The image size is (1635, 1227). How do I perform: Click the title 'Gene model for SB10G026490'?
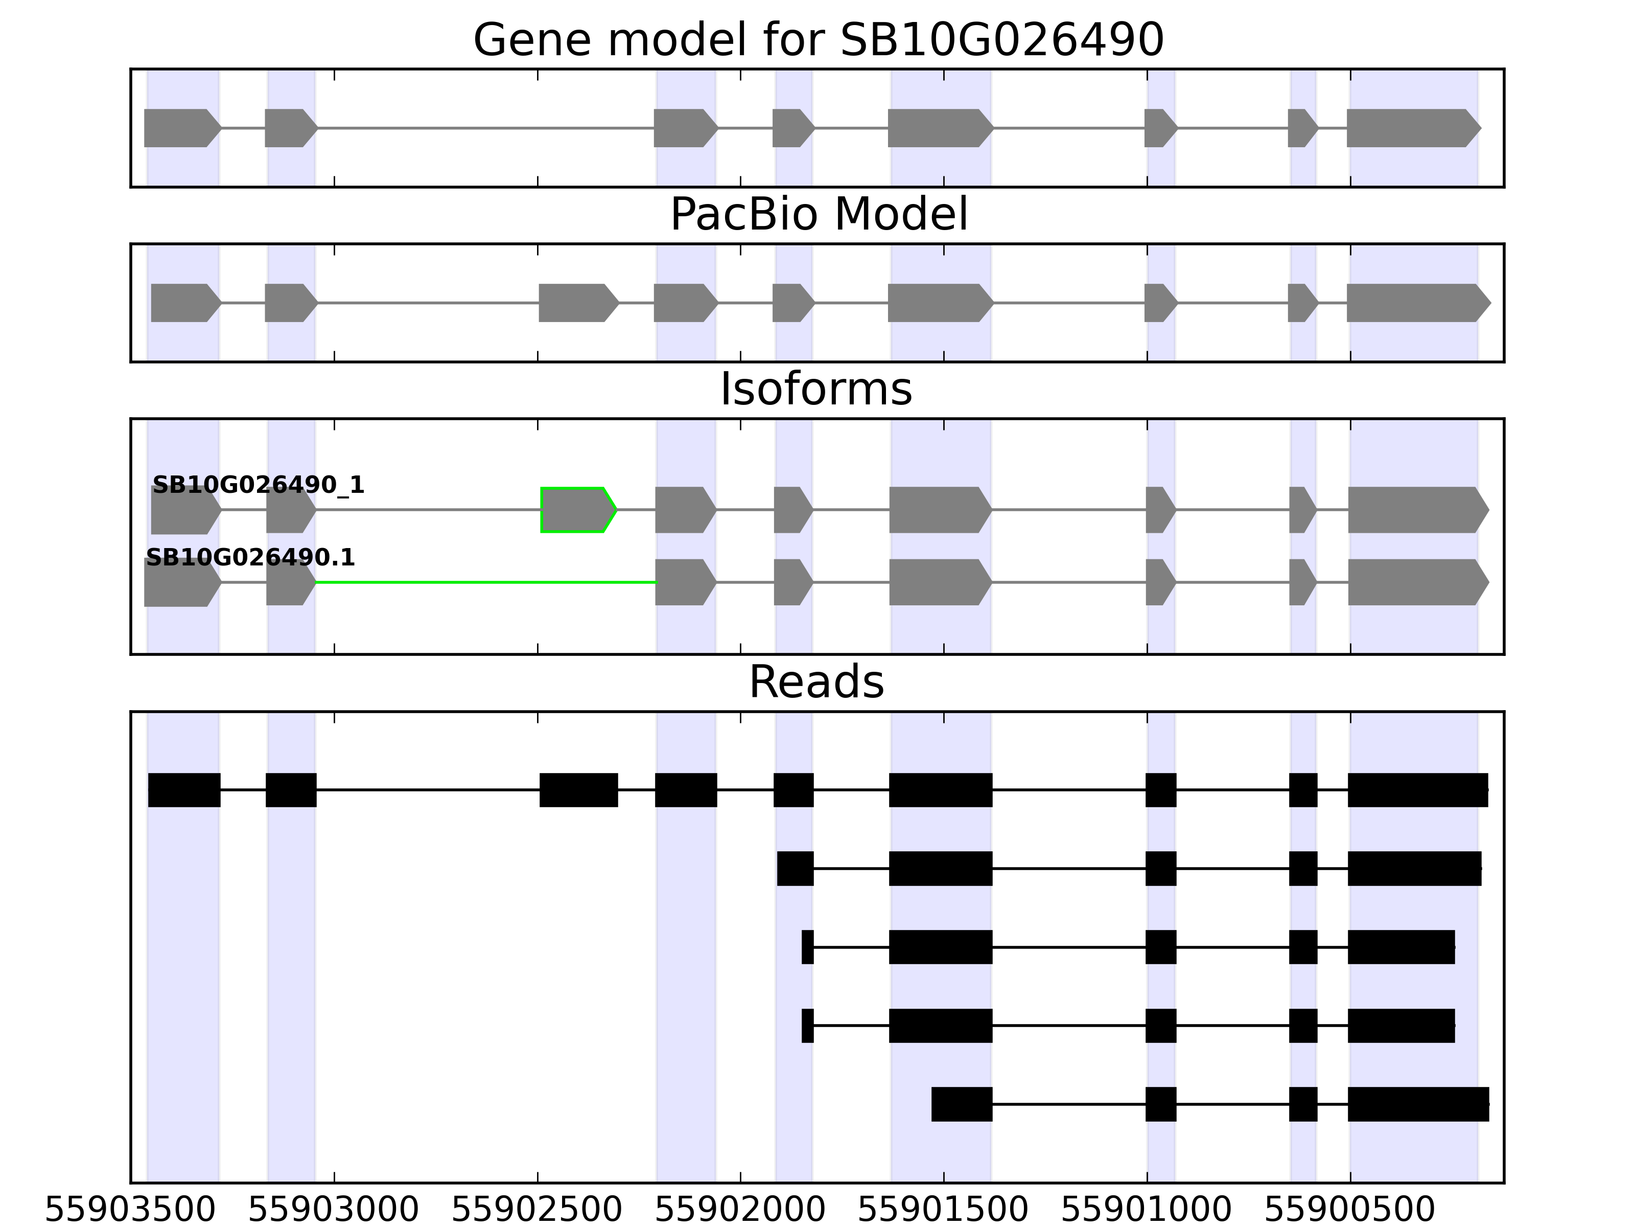point(818,40)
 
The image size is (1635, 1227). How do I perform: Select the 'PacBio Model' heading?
point(818,215)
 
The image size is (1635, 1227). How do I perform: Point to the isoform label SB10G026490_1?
point(258,485)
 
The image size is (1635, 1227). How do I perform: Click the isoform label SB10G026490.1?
point(250,558)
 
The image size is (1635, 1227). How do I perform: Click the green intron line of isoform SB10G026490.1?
point(485,583)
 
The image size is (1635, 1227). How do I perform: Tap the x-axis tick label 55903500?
point(130,1211)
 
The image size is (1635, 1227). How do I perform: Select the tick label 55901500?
point(943,1211)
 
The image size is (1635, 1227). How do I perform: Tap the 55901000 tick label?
point(1147,1211)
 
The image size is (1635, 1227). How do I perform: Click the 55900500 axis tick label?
point(1350,1211)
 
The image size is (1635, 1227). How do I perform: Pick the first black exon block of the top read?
point(184,790)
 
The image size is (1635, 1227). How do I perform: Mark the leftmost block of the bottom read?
point(961,1104)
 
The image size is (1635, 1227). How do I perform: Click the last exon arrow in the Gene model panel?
point(1412,128)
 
